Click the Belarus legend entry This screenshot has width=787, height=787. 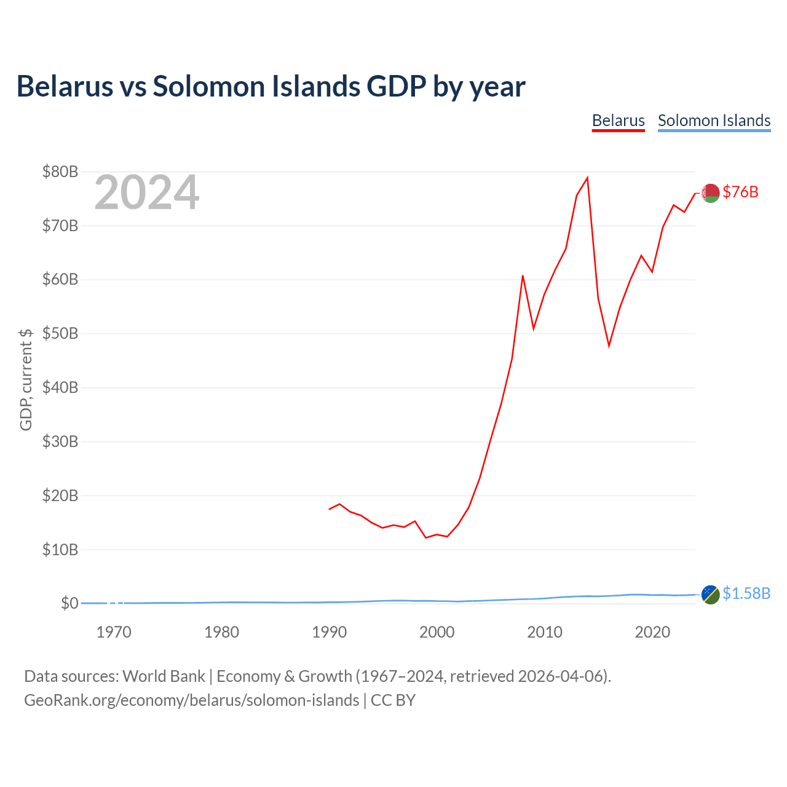pyautogui.click(x=618, y=121)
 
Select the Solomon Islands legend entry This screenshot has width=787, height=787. pyautogui.click(x=714, y=121)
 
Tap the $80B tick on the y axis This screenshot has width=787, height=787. pyautogui.click(x=60, y=172)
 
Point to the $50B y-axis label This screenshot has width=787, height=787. pyautogui.click(x=60, y=334)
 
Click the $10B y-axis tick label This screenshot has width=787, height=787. pyautogui.click(x=60, y=550)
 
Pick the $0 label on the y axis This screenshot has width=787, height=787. pyautogui.click(x=69, y=604)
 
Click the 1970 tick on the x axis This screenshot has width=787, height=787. pyautogui.click(x=114, y=632)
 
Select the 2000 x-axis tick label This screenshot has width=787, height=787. pyautogui.click(x=437, y=632)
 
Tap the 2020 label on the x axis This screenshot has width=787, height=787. pyautogui.click(x=652, y=632)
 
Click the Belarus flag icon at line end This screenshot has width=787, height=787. pyautogui.click(x=710, y=192)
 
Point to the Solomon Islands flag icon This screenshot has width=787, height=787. pyautogui.click(x=710, y=595)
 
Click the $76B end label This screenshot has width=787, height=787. pyautogui.click(x=740, y=192)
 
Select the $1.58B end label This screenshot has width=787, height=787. pyautogui.click(x=746, y=593)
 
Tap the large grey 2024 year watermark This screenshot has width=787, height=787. pyautogui.click(x=146, y=192)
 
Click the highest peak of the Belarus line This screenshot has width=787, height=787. pyautogui.click(x=588, y=178)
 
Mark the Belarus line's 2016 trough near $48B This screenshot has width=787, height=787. pyautogui.click(x=609, y=346)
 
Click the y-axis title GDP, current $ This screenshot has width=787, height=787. pyautogui.click(x=26, y=379)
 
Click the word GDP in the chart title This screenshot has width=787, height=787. pyautogui.click(x=397, y=86)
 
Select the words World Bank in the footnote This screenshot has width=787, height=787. pyautogui.click(x=164, y=676)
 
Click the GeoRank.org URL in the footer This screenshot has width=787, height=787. pyautogui.click(x=191, y=700)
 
